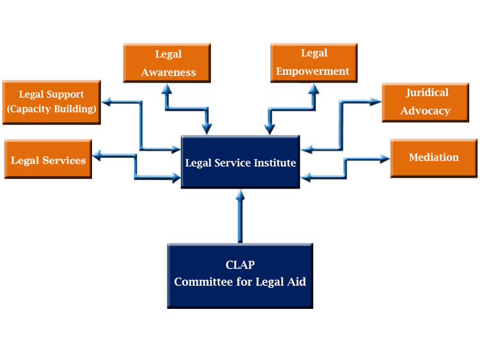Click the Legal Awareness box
tap(167, 63)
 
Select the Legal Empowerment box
tap(314, 63)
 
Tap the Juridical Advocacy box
tap(426, 102)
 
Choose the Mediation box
tap(434, 158)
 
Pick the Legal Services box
tap(48, 159)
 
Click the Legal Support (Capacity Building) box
tap(51, 102)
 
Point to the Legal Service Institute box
tap(240, 162)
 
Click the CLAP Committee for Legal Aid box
tap(240, 276)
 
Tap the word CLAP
tap(240, 265)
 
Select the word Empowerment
tap(313, 72)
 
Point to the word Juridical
tap(427, 93)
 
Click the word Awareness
tap(168, 72)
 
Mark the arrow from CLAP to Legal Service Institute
tap(240, 216)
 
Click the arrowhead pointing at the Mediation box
tap(385, 159)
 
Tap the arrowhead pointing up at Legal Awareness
tap(167, 89)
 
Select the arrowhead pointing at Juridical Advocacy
tap(376, 102)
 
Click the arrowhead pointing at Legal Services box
tap(97, 155)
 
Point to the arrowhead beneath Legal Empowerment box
tap(314, 89)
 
